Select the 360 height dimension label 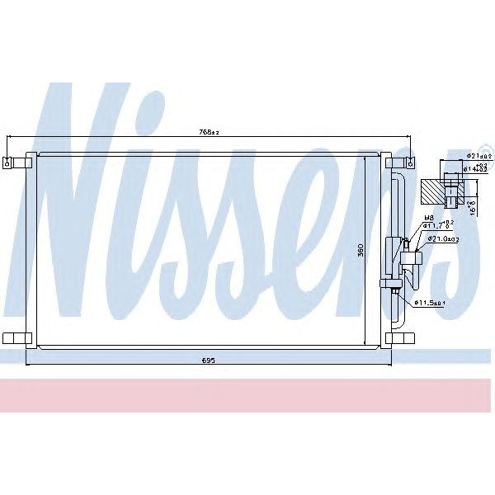click(360, 251)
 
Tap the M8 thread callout click(427, 219)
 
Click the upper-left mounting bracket click(13, 160)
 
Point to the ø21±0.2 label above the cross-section click(479, 155)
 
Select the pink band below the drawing click(247, 396)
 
